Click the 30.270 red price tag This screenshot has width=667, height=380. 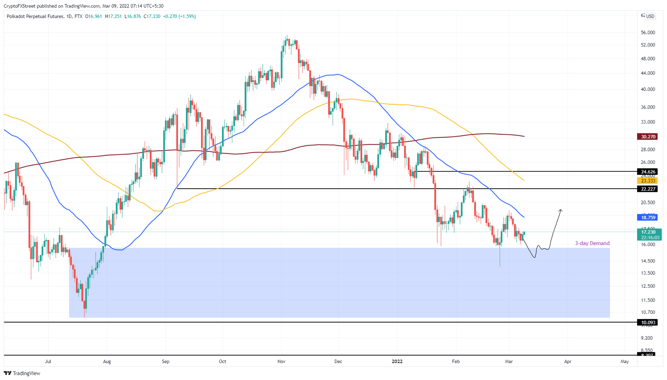[647, 137]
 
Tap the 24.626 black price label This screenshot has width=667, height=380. [647, 172]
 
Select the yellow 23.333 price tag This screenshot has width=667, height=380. [647, 180]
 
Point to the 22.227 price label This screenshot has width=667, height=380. [647, 189]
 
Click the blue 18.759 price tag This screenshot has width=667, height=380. [647, 217]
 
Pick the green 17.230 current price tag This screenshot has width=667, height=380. [647, 232]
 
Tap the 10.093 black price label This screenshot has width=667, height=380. [647, 323]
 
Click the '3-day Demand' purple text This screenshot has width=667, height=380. [592, 243]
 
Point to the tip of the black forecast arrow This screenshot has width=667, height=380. [561, 210]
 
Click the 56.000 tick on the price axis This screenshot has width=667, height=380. [647, 33]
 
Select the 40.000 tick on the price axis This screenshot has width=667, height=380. [647, 90]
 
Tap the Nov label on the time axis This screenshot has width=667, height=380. [281, 361]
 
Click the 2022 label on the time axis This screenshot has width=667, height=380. [397, 361]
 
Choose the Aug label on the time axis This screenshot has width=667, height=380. [107, 361]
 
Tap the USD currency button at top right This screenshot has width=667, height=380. [650, 17]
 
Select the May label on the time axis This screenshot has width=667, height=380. [624, 361]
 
